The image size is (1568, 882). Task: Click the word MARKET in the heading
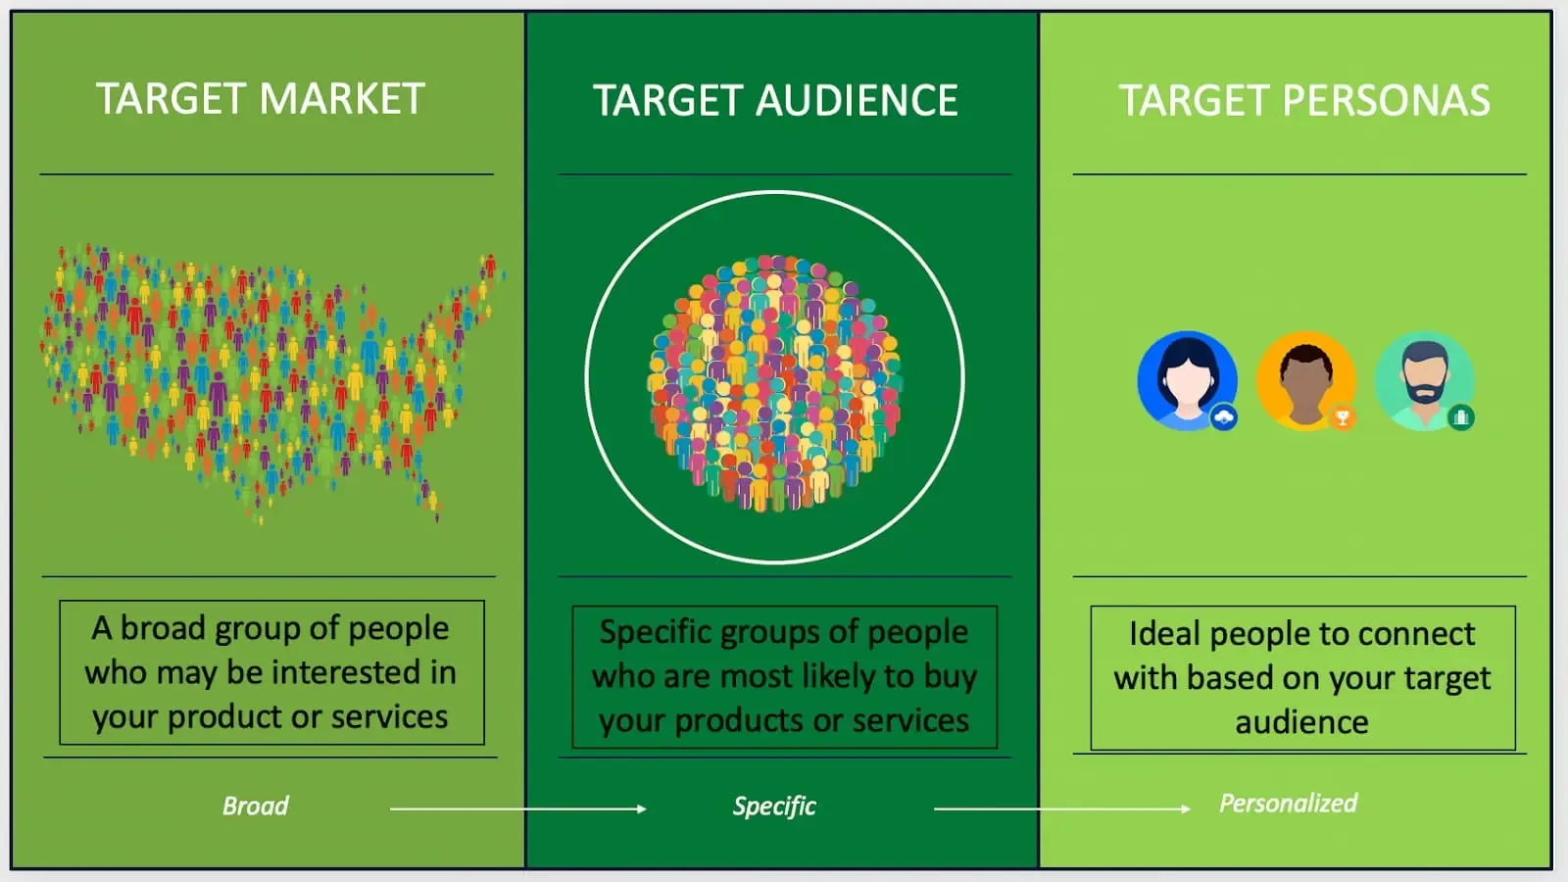point(342,98)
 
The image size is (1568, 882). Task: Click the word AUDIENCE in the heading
point(857,100)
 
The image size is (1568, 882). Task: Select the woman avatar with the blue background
point(1187,381)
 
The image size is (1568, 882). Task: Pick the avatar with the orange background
point(1306,381)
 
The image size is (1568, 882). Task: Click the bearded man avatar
point(1425,381)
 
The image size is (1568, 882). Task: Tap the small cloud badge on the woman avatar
point(1224,417)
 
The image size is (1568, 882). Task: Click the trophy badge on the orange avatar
point(1343,417)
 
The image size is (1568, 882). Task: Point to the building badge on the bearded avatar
point(1461,417)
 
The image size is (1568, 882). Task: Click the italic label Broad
point(256,807)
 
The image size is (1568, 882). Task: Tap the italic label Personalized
point(1289,804)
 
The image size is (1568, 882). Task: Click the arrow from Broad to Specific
point(518,809)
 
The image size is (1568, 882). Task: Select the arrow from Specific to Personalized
point(1062,809)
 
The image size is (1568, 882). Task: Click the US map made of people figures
point(272,383)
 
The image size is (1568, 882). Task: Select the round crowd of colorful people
point(774,383)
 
